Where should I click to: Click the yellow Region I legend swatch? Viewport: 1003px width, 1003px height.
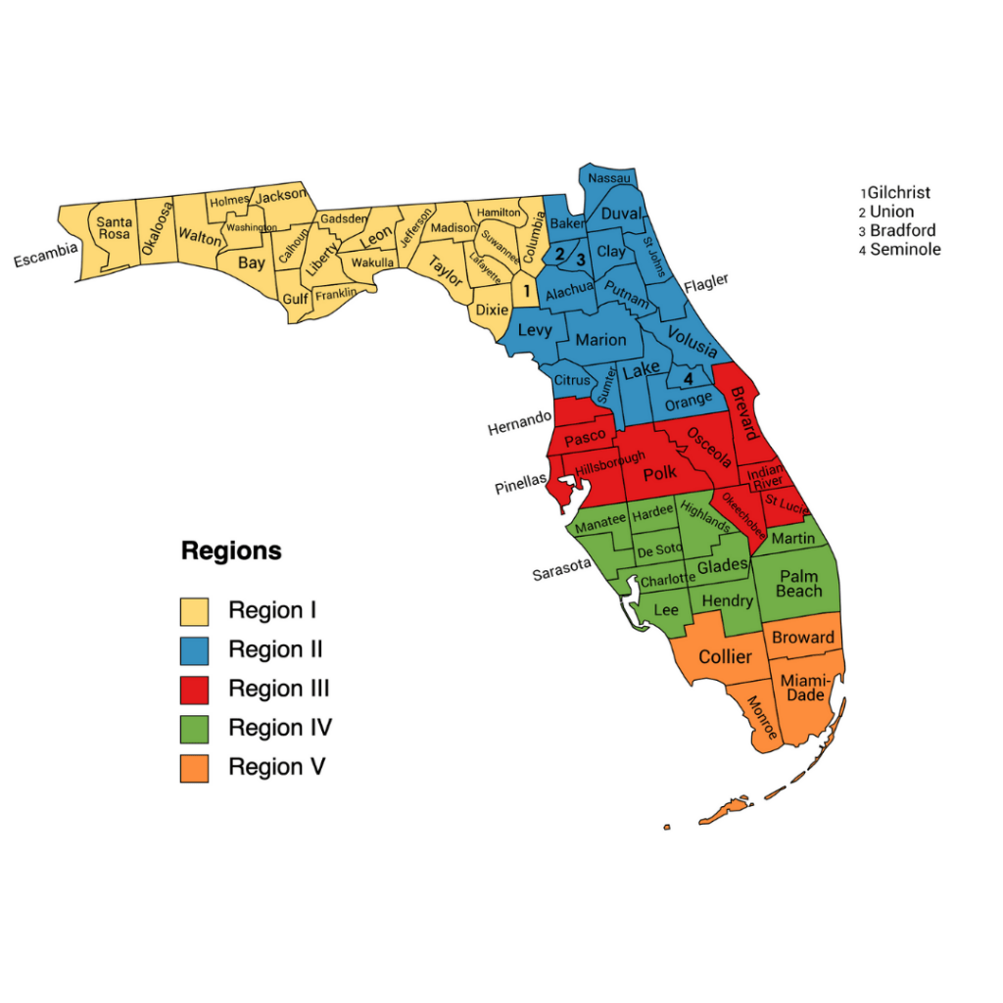click(194, 611)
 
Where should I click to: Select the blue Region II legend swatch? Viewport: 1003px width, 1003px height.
click(194, 650)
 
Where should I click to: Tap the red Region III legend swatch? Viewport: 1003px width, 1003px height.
click(194, 690)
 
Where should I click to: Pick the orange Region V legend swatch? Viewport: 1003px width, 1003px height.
click(194, 768)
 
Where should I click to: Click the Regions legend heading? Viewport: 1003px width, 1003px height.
click(231, 551)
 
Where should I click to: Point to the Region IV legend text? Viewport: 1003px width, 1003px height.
click(280, 728)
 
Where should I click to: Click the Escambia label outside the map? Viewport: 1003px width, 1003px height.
click(45, 255)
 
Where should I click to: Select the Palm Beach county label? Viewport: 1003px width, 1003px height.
click(798, 584)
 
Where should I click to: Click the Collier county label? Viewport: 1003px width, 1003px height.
click(725, 656)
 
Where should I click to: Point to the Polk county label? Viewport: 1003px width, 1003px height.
click(660, 473)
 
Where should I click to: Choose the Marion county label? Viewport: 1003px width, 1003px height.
click(600, 340)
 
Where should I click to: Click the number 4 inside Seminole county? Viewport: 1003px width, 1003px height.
click(688, 378)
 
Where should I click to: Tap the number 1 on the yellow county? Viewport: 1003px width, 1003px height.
click(526, 290)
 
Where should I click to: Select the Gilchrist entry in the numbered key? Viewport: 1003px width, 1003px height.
click(896, 193)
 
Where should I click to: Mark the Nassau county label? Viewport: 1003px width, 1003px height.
click(610, 178)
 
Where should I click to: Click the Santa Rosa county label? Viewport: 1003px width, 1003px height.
click(114, 228)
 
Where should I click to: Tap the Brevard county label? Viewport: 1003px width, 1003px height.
click(743, 413)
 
